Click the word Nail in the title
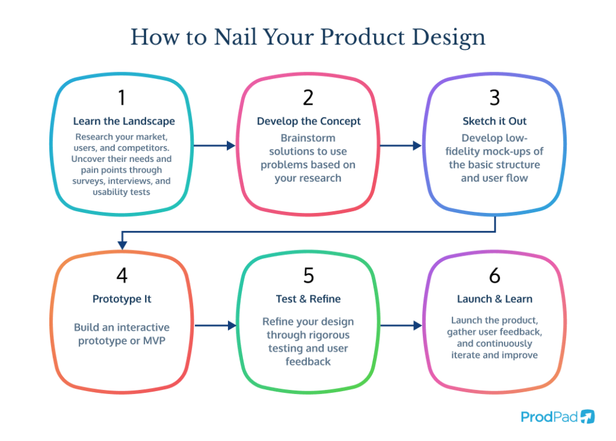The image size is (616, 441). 235,37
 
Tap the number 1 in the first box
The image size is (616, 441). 122,97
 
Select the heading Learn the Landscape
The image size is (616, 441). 124,121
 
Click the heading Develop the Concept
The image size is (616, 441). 309,121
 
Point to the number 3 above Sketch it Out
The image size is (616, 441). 494,97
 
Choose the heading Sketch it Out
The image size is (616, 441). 494,121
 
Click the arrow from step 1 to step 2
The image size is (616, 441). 215,146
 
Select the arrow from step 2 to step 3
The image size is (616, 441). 401,146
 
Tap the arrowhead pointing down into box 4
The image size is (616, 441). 122,245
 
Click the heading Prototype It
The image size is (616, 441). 122,299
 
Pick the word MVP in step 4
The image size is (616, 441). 154,341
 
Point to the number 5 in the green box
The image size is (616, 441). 309,275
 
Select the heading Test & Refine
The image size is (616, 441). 308,299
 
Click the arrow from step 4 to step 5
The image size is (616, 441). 216,325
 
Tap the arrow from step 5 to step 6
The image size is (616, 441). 401,325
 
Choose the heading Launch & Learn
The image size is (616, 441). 494,299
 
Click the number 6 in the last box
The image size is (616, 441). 494,275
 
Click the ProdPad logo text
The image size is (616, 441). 549,416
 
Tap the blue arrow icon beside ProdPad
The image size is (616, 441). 588,416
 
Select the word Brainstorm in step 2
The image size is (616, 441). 308,138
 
